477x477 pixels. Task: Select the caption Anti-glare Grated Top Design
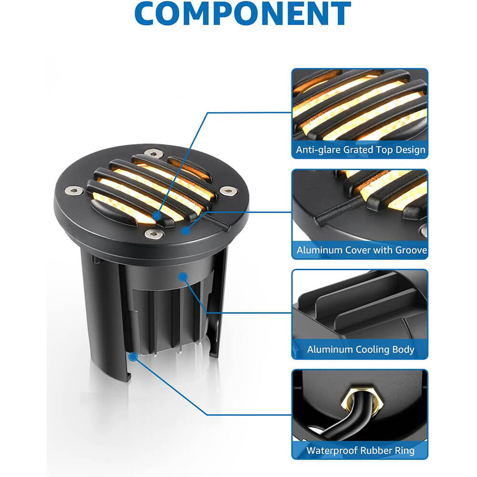pos(360,150)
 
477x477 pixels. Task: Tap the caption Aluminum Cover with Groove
pos(361,250)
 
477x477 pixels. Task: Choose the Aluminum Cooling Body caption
pos(361,350)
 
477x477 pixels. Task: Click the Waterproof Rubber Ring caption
pos(361,450)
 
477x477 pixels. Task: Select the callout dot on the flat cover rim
pos(185,231)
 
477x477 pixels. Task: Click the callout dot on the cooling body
pos(182,276)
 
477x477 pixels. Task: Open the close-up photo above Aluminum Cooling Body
pos(360,305)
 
